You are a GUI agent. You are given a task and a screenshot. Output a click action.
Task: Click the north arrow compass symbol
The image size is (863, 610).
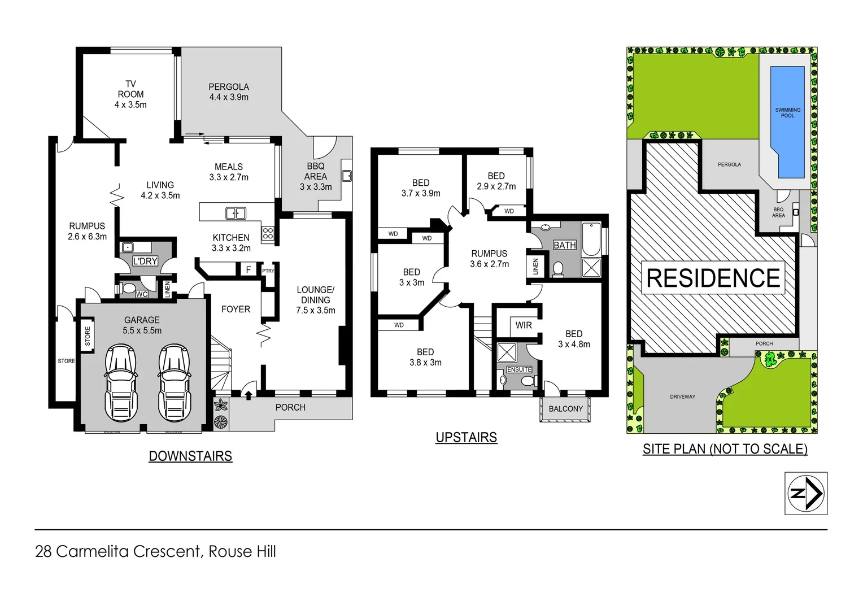point(806,493)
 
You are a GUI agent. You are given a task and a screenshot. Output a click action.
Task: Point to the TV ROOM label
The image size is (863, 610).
point(130,94)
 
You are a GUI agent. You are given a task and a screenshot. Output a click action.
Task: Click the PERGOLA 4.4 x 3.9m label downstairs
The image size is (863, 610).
point(229,91)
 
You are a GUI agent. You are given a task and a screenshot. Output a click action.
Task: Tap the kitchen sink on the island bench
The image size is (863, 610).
point(236,213)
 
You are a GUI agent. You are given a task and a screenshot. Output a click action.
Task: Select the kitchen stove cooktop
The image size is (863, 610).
point(268,233)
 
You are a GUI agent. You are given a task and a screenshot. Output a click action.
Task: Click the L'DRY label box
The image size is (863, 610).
point(145,261)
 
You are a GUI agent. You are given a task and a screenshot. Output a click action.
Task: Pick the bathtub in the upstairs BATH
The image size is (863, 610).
point(591,239)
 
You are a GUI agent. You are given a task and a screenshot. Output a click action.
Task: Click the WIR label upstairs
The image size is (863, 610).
point(524,325)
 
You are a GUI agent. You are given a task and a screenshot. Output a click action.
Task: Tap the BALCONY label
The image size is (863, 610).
point(565,409)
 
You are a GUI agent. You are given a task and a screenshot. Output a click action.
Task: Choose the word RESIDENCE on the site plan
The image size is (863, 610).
point(713,278)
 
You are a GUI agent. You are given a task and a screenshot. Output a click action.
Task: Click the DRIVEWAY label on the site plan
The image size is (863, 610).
point(682,396)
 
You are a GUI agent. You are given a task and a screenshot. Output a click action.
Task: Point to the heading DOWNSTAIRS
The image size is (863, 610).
point(190,456)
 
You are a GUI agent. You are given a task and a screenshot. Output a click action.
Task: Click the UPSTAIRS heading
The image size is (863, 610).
point(466,437)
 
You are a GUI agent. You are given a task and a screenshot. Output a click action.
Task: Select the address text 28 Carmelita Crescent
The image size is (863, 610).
point(117,551)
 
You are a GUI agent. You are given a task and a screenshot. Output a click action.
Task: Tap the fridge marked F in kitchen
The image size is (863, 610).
point(248,270)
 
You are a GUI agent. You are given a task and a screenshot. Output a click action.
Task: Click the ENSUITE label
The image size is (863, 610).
point(519,369)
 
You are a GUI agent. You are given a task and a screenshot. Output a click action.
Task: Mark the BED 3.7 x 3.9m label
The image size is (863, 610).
point(421,188)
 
